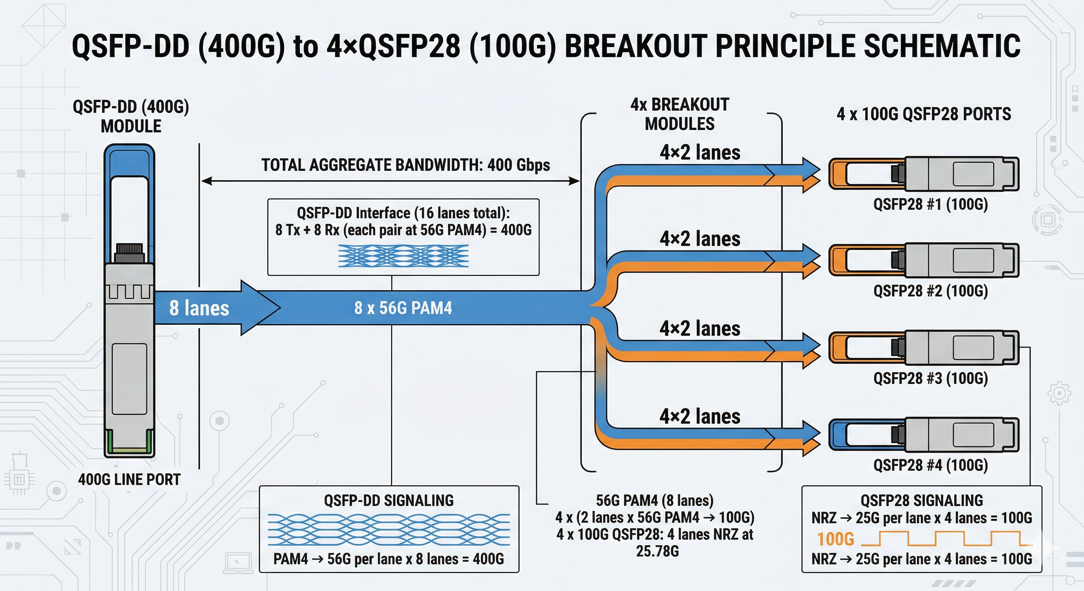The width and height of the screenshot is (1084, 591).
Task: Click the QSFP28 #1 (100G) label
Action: [930, 204]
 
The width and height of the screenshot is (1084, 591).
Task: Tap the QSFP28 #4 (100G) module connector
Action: [924, 434]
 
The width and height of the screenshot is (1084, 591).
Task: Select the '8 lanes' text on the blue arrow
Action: [199, 308]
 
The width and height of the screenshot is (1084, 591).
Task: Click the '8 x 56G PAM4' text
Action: [403, 308]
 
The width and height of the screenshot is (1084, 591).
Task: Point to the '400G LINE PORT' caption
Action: [129, 479]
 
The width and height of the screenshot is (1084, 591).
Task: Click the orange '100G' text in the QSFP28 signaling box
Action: [835, 539]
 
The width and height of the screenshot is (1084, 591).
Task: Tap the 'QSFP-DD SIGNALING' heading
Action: [388, 501]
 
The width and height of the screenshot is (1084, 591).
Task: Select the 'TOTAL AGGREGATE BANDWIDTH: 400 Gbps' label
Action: [405, 165]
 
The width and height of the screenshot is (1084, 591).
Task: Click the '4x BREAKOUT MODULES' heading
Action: [679, 114]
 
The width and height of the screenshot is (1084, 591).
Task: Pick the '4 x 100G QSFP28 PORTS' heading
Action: [924, 114]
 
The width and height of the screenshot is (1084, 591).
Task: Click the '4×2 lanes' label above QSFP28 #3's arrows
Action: [699, 329]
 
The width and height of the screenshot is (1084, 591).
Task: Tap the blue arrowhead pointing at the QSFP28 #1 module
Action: [811, 170]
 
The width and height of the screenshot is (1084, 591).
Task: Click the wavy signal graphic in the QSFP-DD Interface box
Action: [403, 256]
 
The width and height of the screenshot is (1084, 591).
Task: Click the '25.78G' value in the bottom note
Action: [657, 551]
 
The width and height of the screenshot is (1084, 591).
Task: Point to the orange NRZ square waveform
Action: [943, 539]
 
